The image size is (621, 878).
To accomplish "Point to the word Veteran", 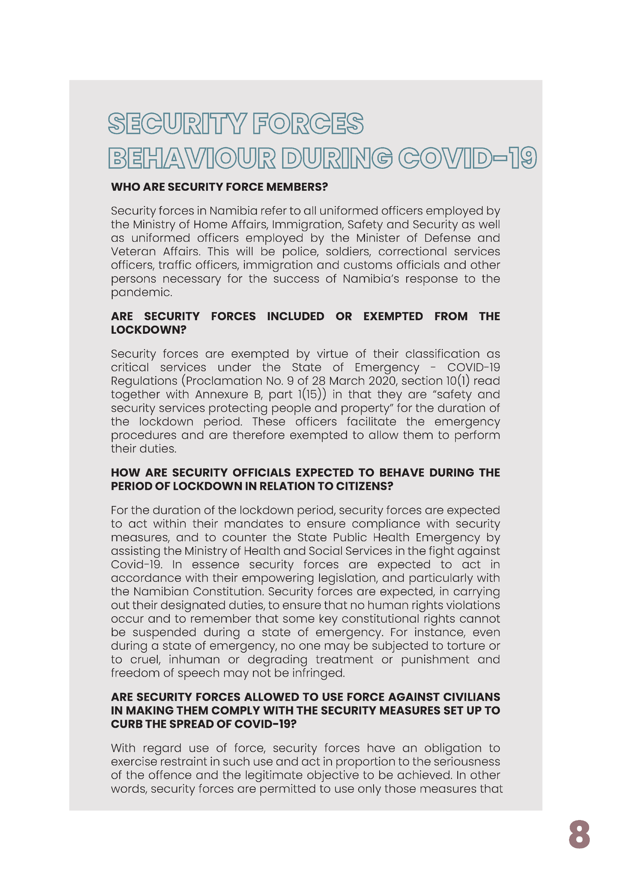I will pyautogui.click(x=133, y=252).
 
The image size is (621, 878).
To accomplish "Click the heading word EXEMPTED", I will pyautogui.click(x=393, y=316).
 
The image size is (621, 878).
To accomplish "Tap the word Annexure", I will pyautogui.click(x=222, y=394).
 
